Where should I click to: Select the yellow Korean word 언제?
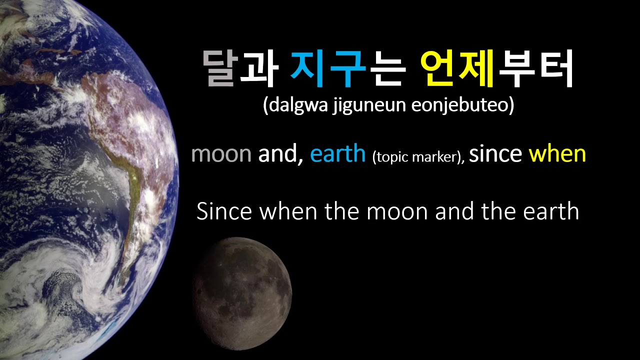[x=456, y=68]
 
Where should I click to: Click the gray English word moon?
[x=221, y=154]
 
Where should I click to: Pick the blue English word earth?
[x=338, y=154]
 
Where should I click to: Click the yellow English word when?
[x=557, y=154]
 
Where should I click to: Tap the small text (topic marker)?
[x=418, y=157]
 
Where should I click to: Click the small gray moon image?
[x=242, y=293]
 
